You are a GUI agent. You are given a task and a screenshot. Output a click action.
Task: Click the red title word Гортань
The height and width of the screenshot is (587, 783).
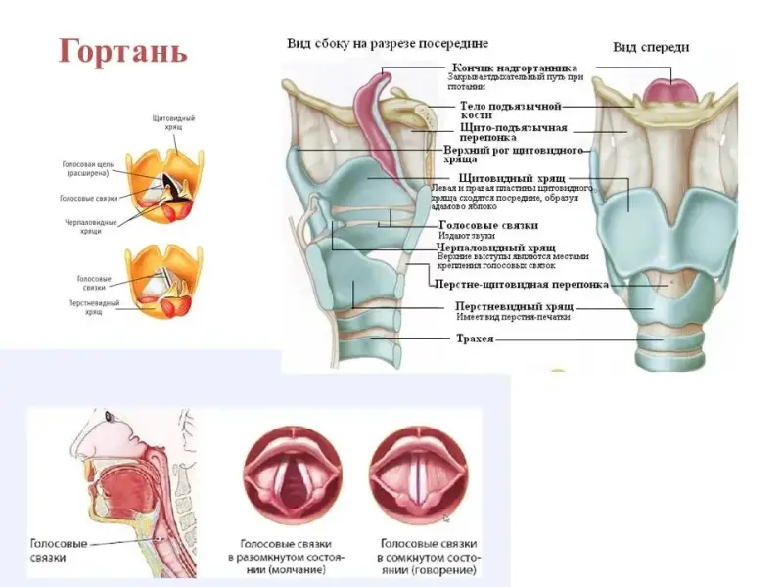pos(122,50)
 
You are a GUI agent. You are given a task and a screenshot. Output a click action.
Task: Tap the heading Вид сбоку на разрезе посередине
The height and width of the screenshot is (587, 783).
pos(387,44)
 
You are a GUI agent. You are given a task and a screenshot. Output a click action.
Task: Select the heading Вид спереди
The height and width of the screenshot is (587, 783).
pos(651,47)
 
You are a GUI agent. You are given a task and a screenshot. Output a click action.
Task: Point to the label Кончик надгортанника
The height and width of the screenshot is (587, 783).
pos(513,67)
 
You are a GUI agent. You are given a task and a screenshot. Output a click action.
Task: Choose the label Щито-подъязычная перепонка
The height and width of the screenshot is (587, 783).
pos(513,133)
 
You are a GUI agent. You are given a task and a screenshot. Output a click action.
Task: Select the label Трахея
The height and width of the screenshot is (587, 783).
pos(474,339)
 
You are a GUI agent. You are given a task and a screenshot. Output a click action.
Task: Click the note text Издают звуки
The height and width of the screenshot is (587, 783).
pos(467,236)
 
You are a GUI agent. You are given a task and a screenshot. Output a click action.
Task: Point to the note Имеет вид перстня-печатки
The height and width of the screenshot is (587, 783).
pos(513,317)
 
